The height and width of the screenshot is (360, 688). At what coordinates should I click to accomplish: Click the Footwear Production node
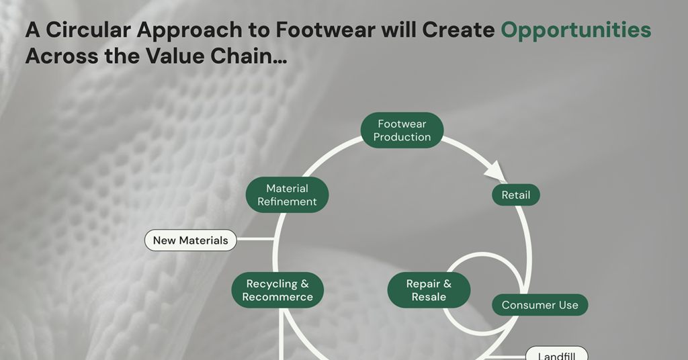click(402, 130)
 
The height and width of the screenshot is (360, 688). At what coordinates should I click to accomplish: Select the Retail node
click(515, 195)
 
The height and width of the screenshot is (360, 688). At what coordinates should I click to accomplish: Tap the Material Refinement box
click(287, 195)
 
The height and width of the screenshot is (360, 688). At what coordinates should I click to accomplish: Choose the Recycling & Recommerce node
click(277, 290)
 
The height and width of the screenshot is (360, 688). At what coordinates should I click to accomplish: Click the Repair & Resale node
click(429, 290)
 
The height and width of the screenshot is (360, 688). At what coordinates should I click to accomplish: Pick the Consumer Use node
click(540, 305)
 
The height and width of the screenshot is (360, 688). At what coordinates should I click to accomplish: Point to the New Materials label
click(190, 240)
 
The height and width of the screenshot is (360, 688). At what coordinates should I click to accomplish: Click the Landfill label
click(556, 354)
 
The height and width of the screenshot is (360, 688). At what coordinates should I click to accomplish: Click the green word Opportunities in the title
click(576, 30)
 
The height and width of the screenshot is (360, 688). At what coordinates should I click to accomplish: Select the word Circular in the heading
click(85, 30)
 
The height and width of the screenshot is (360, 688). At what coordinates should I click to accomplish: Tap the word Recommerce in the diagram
click(277, 297)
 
